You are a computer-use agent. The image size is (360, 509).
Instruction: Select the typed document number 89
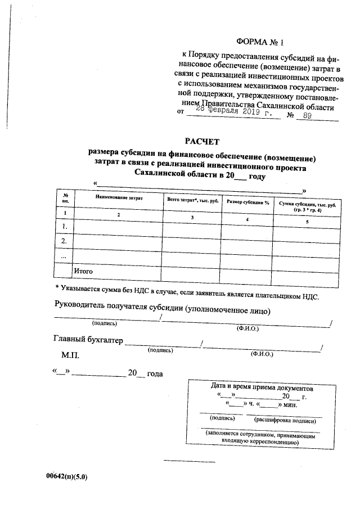[307, 116]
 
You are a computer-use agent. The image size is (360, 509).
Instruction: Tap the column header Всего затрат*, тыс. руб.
[192, 200]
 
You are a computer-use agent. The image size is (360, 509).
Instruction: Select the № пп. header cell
[65, 197]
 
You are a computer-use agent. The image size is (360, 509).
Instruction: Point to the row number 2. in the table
[65, 241]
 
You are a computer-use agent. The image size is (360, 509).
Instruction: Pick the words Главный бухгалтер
[87, 340]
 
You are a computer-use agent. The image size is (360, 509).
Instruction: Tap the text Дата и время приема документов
[262, 388]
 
